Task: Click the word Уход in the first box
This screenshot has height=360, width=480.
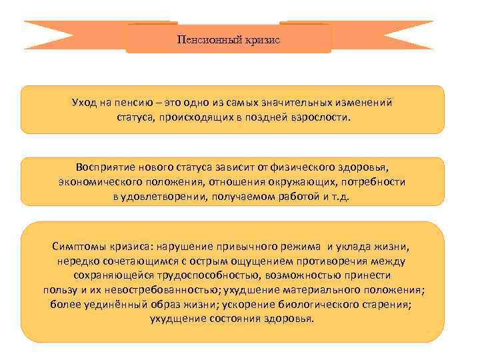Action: [85, 103]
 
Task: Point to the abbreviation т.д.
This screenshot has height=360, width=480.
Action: [349, 196]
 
